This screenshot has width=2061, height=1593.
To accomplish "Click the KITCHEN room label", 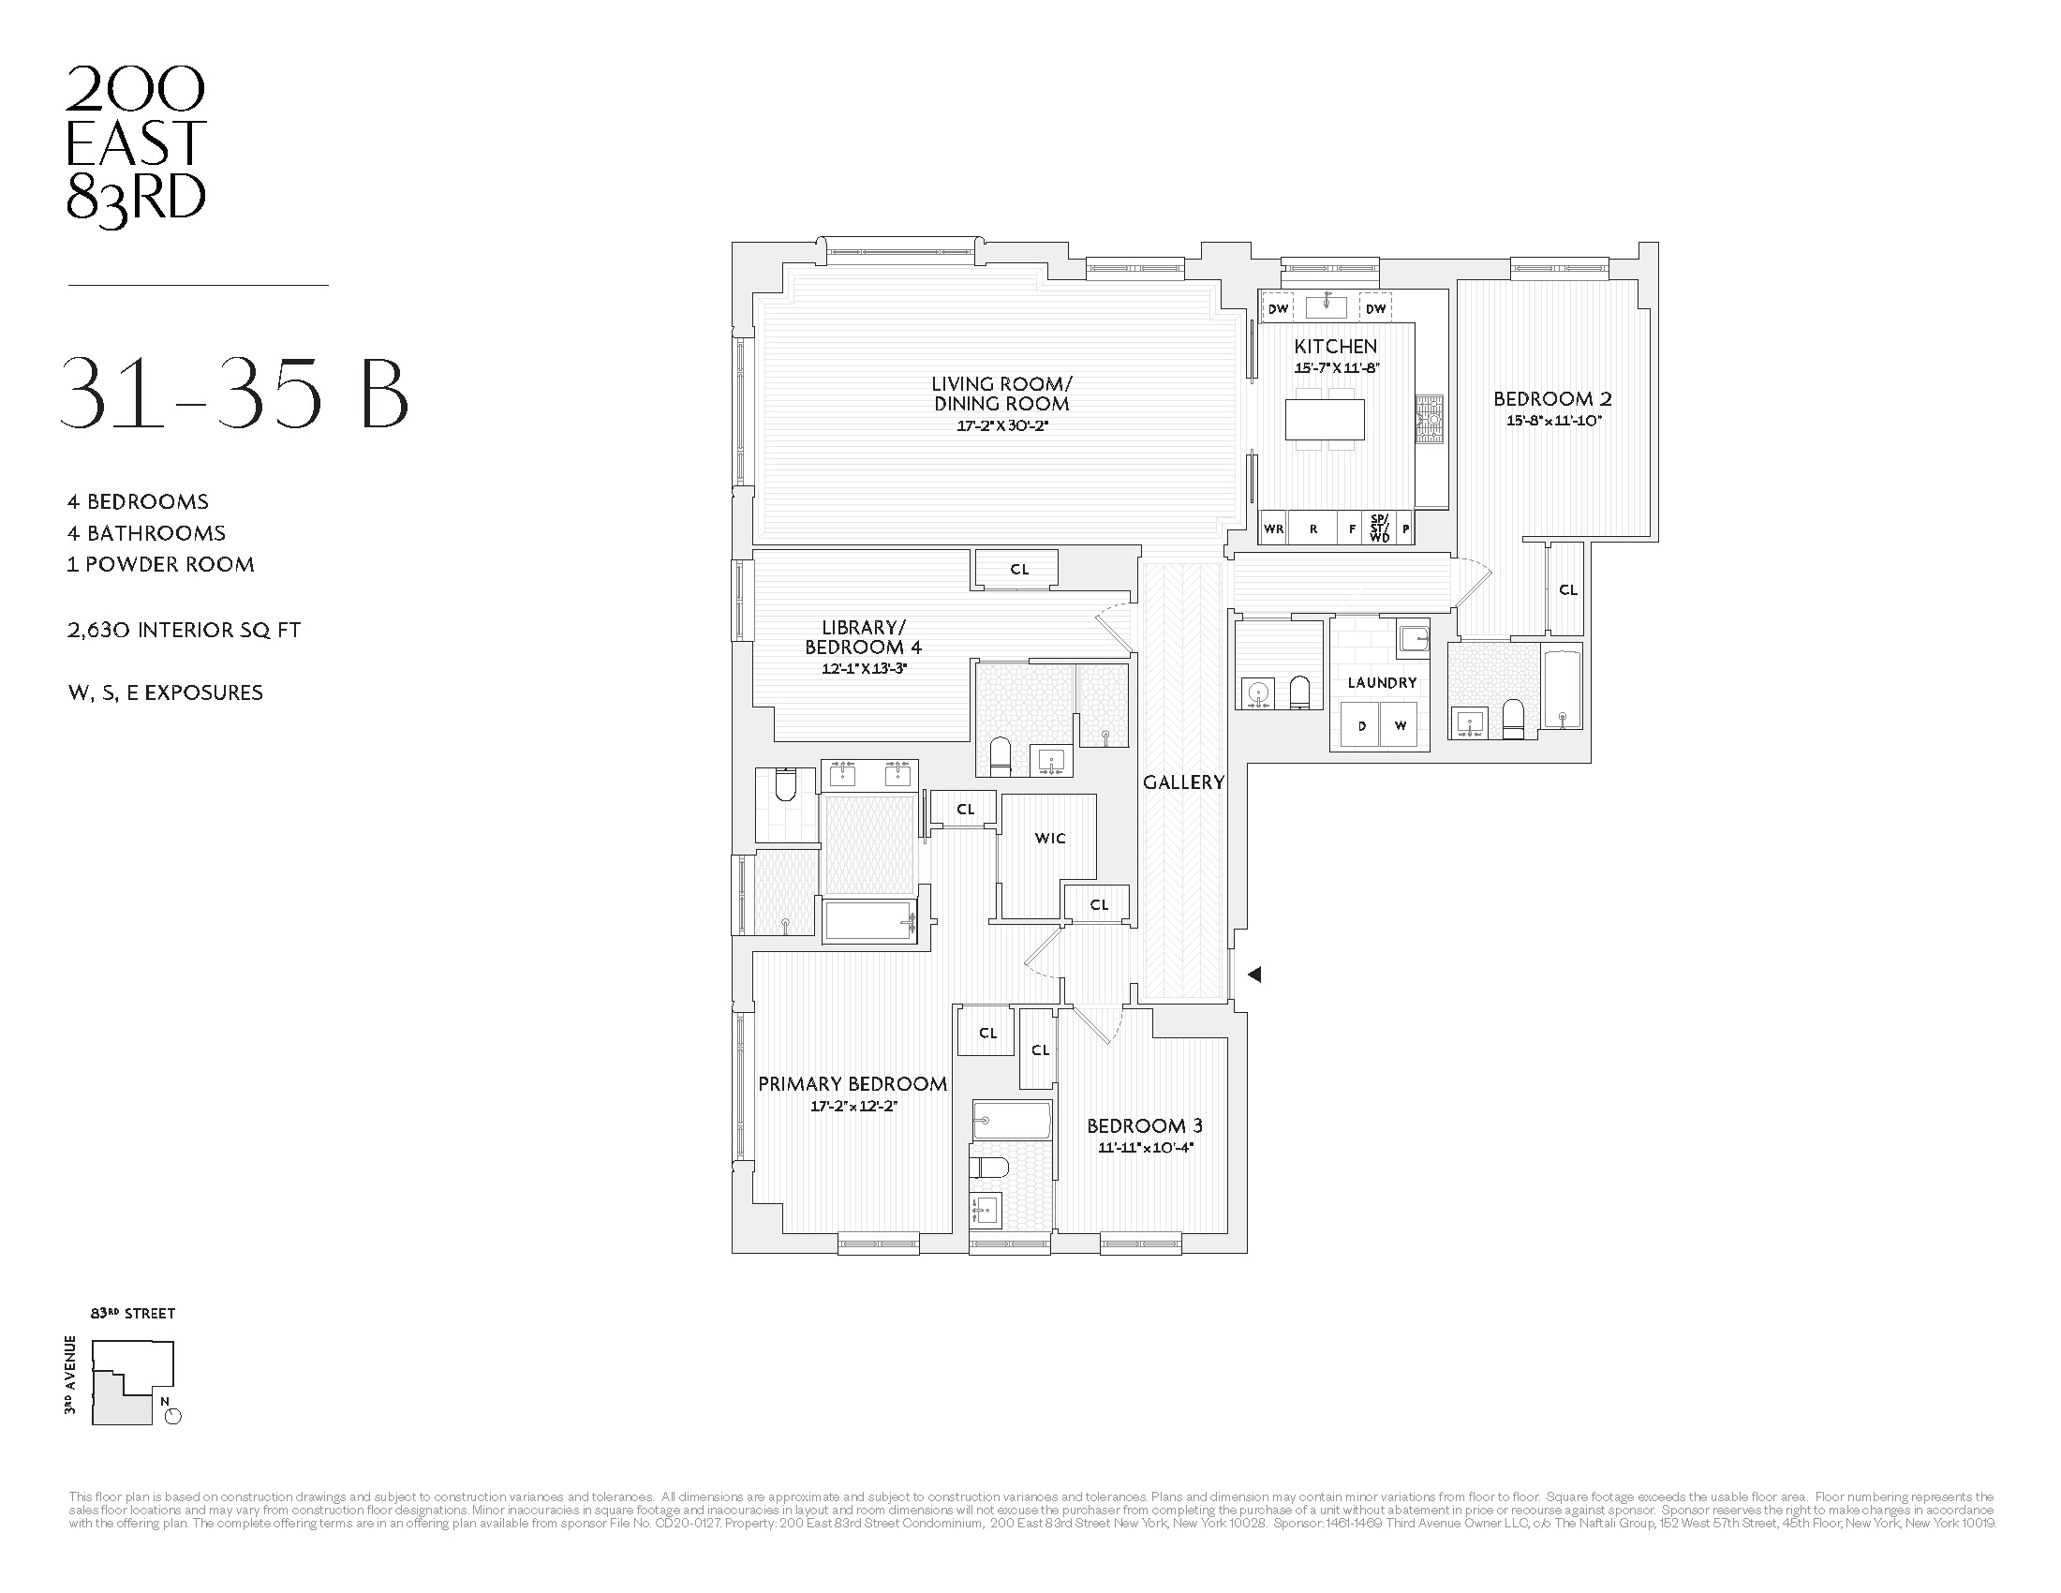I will pyautogui.click(x=1334, y=347).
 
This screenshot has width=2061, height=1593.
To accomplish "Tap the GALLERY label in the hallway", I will pyautogui.click(x=1183, y=782).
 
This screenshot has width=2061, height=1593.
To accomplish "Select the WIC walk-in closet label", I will pyautogui.click(x=1049, y=838).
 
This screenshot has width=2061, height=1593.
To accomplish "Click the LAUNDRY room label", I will pyautogui.click(x=1382, y=682).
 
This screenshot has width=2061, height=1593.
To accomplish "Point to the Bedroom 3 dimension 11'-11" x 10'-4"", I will pyautogui.click(x=1145, y=1149).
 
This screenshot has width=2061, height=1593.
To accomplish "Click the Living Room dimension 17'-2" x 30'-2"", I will pyautogui.click(x=1002, y=425).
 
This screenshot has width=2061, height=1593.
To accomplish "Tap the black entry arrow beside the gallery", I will pyautogui.click(x=1254, y=975).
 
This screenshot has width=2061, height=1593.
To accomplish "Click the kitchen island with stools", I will pyautogui.click(x=1325, y=420).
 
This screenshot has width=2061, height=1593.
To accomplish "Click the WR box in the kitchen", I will pyautogui.click(x=1273, y=529).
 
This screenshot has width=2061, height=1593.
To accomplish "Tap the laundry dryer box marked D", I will pyautogui.click(x=1361, y=725).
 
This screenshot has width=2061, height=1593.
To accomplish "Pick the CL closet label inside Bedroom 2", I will pyautogui.click(x=1567, y=589).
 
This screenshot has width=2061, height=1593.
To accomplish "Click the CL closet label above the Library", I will pyautogui.click(x=1019, y=569).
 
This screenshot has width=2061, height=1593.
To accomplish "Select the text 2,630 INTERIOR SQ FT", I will pyautogui.click(x=184, y=631).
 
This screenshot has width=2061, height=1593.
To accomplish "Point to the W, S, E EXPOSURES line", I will pyautogui.click(x=165, y=692).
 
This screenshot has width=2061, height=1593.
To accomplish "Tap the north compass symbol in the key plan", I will pyautogui.click(x=171, y=1415).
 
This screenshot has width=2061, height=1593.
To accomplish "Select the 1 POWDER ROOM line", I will pyautogui.click(x=160, y=564).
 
